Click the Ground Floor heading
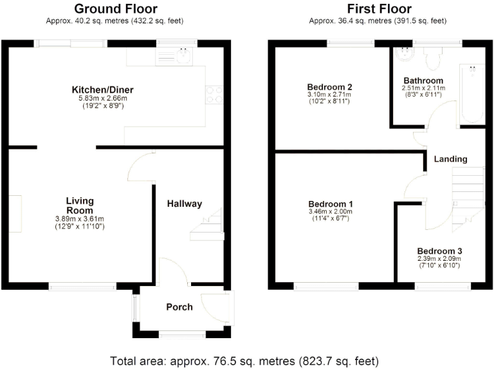[x=115, y=8]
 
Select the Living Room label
[x=79, y=205]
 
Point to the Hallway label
[x=185, y=204]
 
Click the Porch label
[x=179, y=307]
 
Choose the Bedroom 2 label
[x=329, y=87]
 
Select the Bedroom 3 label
[x=439, y=251]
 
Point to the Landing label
[x=450, y=159]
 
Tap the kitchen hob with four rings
[x=214, y=95]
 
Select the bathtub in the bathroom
[x=472, y=93]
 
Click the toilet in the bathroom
[x=432, y=60]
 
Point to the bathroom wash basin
[x=405, y=56]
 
